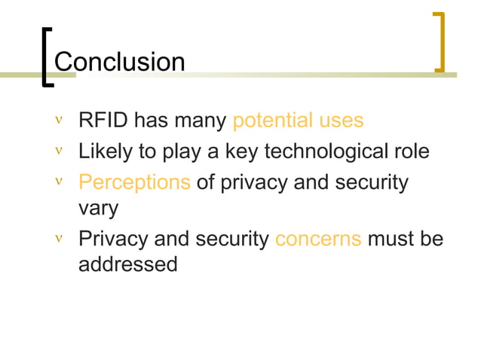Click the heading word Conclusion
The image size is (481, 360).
click(x=120, y=62)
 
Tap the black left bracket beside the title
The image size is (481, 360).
click(x=46, y=57)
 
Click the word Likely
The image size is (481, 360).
click(x=105, y=152)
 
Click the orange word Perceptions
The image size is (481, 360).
click(x=134, y=182)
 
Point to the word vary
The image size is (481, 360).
click(x=99, y=209)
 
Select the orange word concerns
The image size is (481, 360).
click(x=318, y=239)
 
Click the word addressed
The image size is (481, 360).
click(x=128, y=264)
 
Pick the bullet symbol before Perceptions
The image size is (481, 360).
click(x=59, y=182)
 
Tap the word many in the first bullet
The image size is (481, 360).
click(x=204, y=121)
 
